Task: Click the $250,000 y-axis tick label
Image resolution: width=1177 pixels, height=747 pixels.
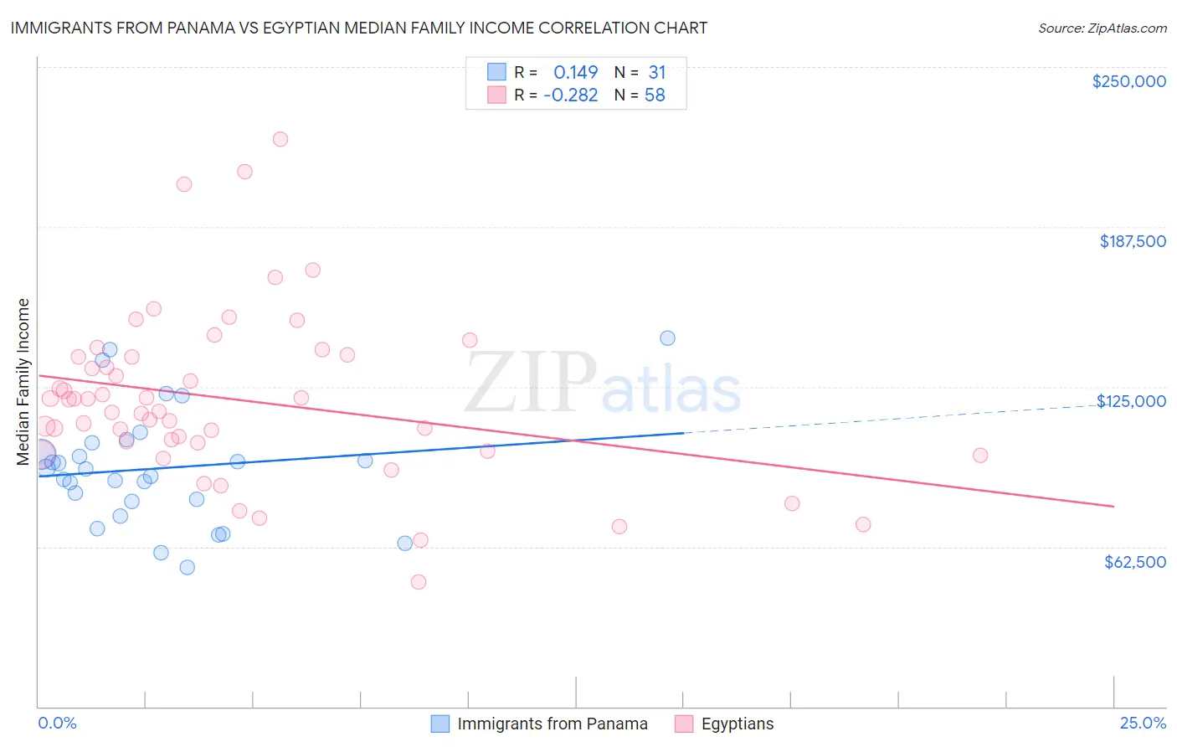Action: click(1128, 81)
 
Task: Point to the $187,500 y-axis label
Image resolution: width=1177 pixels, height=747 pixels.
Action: click(1132, 241)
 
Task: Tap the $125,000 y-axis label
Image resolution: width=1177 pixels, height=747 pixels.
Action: click(1131, 401)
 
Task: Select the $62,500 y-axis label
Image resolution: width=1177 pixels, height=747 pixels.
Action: click(1134, 562)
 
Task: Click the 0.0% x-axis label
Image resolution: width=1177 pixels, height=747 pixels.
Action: click(58, 723)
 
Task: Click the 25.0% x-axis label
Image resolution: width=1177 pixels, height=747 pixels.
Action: click(1143, 723)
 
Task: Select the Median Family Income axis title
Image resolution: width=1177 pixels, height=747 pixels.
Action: click(23, 382)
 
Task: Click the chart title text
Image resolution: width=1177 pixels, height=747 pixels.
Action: click(358, 28)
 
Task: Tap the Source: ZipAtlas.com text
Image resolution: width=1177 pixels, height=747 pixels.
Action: click(1102, 28)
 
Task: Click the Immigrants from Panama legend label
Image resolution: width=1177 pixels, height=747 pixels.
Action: click(552, 724)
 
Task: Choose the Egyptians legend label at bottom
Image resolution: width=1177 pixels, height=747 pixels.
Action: click(737, 724)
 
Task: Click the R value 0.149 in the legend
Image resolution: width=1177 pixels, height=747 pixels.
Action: click(575, 72)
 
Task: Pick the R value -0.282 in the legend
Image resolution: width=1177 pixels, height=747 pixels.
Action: click(570, 95)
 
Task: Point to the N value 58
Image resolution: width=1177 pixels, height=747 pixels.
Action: click(654, 95)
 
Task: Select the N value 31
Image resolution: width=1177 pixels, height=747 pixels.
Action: click(656, 72)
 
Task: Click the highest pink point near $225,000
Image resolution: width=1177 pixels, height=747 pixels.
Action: click(280, 139)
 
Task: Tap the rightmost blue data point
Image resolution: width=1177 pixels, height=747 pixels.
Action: click(667, 338)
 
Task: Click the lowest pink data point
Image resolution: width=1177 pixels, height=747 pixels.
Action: click(419, 582)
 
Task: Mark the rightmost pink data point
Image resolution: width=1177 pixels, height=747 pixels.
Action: click(980, 456)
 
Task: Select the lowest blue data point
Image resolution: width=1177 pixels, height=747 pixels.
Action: click(188, 568)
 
